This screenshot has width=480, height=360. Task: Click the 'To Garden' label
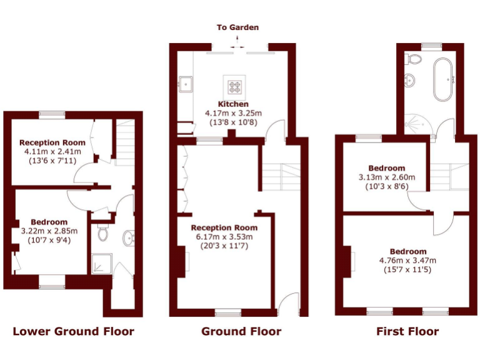(x=237, y=27)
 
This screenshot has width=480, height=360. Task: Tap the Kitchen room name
(x=233, y=104)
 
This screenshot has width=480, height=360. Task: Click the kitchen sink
(x=185, y=82)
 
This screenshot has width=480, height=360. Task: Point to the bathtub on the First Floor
(x=445, y=79)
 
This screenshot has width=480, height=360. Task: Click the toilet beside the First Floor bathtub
(x=413, y=59)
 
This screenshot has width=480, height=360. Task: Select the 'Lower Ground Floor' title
(x=73, y=331)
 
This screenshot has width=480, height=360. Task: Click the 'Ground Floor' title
(x=241, y=331)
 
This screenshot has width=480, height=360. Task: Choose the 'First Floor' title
(x=407, y=331)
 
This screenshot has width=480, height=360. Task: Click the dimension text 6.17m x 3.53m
(x=224, y=237)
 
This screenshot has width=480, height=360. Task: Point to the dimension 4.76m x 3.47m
(x=407, y=261)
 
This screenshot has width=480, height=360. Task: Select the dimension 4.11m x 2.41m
(x=52, y=152)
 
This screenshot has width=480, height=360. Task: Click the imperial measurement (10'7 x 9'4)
(x=49, y=241)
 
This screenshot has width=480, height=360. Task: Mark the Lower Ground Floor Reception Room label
(x=52, y=142)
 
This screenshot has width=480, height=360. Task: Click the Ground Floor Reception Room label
(x=224, y=227)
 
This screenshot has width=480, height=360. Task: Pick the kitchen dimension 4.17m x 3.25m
(x=233, y=113)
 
